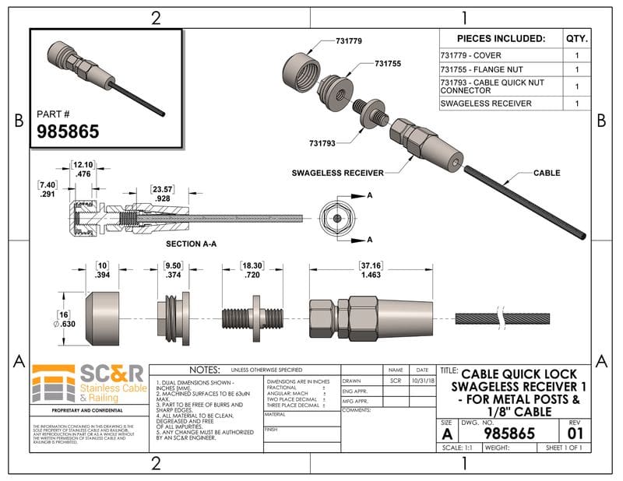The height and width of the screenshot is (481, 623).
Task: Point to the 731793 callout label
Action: click(x=322, y=143)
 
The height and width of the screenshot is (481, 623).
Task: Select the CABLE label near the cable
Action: click(x=547, y=172)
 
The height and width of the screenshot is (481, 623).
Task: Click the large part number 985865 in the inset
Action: click(x=69, y=132)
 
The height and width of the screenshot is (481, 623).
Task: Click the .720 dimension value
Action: click(x=251, y=276)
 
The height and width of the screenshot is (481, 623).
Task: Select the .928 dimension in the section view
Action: click(x=162, y=200)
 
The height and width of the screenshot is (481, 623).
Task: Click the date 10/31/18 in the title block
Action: click(x=422, y=381)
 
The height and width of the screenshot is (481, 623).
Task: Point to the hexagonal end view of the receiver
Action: click(x=336, y=218)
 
